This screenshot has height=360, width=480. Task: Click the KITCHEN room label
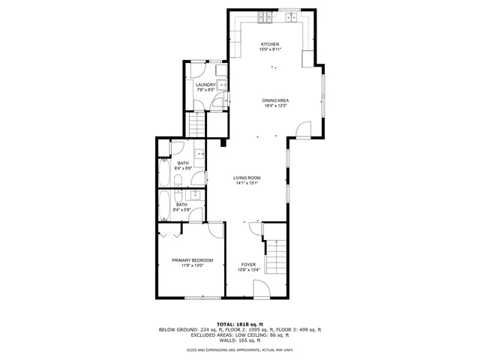coord(270,44)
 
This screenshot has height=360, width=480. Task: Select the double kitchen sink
coord(289,16)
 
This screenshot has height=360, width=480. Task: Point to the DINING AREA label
coord(275,100)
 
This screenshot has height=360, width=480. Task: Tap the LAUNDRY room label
coord(205,85)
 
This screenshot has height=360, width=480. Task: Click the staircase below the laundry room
coord(196,124)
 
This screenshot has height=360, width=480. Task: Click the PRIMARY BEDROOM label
coord(192,260)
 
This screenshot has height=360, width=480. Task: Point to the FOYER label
coord(248,265)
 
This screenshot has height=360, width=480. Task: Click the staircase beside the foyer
coord(277,257)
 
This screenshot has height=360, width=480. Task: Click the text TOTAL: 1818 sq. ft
coord(239,323)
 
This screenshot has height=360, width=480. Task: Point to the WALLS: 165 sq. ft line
coord(239,340)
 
